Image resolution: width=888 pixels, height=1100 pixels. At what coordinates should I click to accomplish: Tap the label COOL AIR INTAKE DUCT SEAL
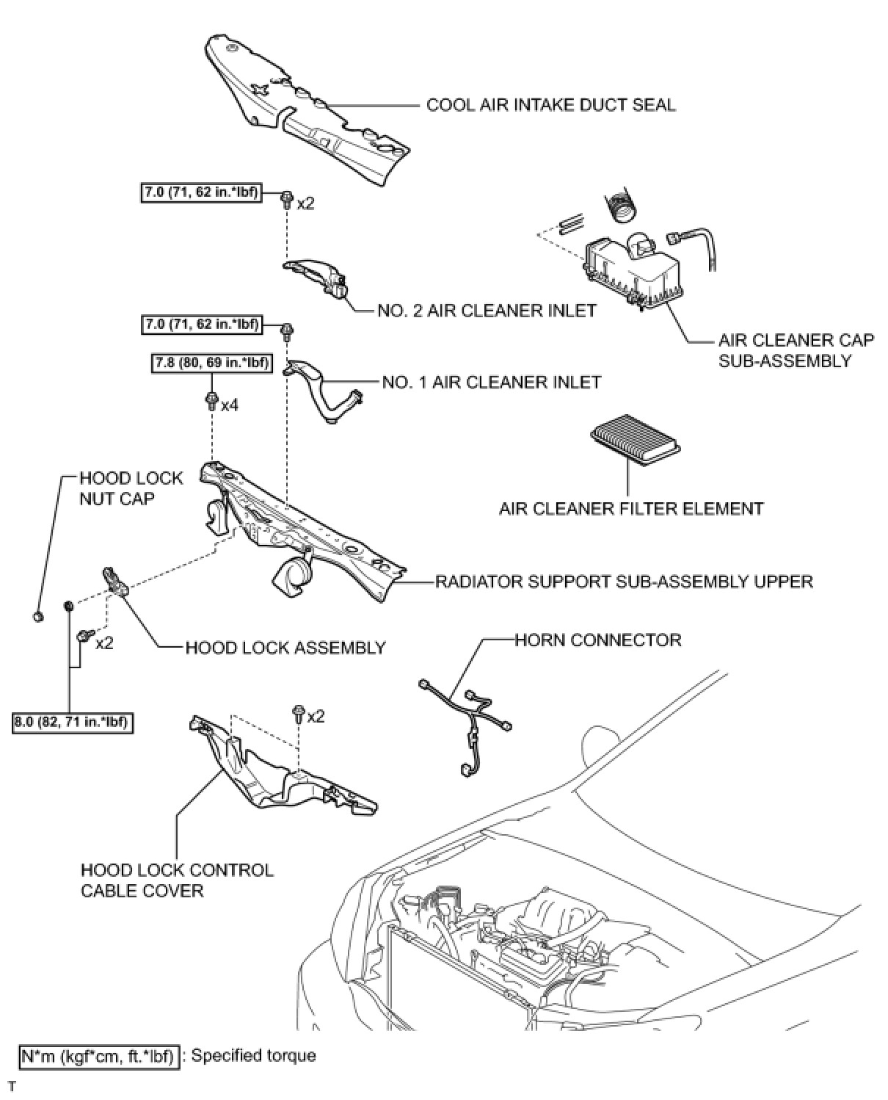click(x=550, y=104)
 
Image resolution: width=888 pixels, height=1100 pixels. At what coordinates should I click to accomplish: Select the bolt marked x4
click(x=212, y=402)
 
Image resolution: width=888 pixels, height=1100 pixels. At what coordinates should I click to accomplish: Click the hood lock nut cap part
click(x=38, y=615)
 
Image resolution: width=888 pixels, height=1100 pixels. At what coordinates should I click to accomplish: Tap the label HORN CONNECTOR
click(x=597, y=640)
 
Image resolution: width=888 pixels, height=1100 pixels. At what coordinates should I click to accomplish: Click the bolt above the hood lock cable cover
click(x=299, y=714)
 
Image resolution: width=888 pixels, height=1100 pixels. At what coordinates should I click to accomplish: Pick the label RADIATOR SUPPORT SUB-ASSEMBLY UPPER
click(x=624, y=582)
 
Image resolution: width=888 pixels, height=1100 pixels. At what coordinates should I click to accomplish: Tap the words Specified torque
click(x=253, y=1056)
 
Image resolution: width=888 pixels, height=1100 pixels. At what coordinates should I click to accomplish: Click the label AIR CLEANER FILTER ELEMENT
click(x=631, y=508)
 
